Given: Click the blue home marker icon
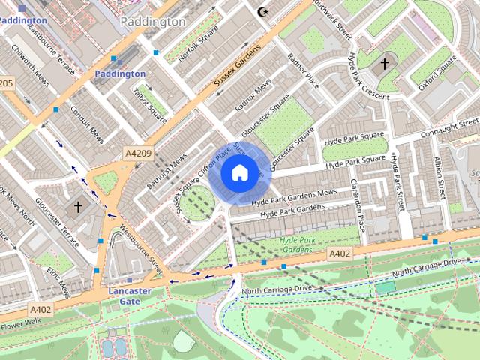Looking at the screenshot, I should (238, 173).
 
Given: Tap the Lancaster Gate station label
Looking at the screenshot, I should (130, 295).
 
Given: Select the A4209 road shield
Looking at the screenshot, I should (138, 154).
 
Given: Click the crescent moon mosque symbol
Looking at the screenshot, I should (262, 12).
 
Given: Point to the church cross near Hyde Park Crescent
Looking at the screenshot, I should (385, 64).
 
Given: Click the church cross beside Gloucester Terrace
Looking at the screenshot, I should (78, 206).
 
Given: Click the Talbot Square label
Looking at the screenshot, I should (149, 104).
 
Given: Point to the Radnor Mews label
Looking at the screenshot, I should (253, 96).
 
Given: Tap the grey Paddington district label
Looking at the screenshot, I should (152, 22).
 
